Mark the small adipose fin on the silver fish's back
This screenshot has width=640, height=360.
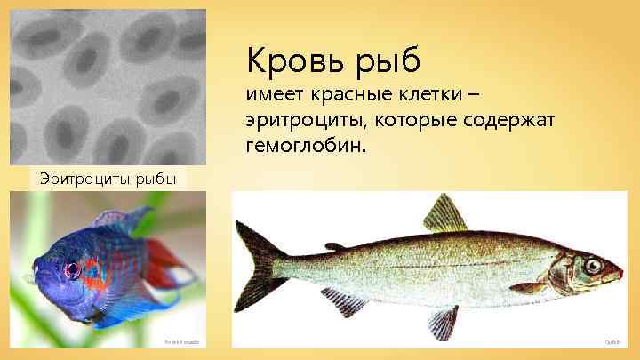(335, 246)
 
